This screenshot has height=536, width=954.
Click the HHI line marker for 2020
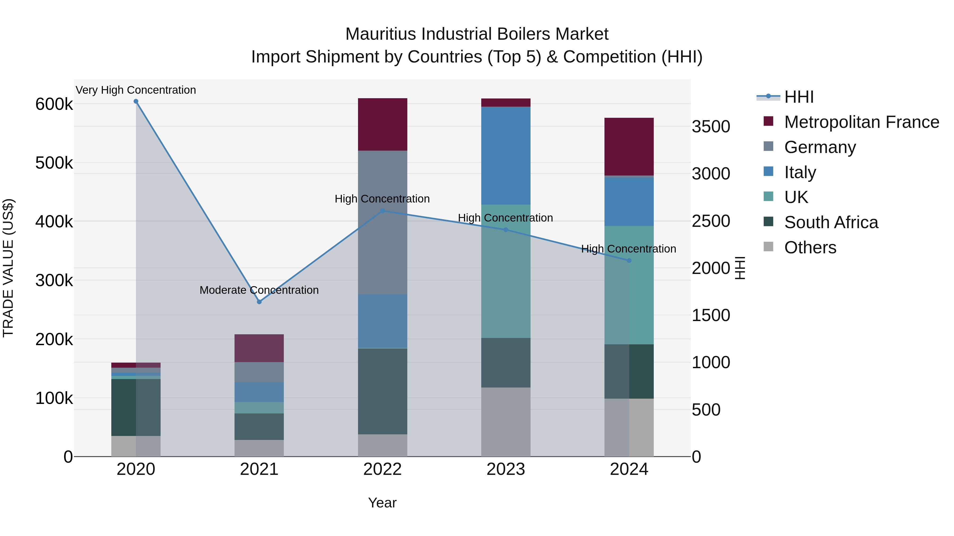pos(136,101)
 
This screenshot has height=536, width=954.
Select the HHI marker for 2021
pos(259,302)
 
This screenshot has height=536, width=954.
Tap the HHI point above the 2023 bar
pos(506,230)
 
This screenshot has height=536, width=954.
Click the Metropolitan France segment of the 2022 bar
pos(383,124)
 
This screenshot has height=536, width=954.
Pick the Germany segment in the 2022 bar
pos(383,222)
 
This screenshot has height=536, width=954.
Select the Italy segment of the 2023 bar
pos(506,155)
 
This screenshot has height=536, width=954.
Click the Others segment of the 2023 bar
pos(506,422)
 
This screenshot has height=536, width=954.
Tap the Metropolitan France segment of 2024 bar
pos(629,146)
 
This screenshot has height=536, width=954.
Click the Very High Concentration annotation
pos(136,90)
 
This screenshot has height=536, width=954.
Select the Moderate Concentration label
pos(259,290)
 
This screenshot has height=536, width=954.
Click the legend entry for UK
pos(796,197)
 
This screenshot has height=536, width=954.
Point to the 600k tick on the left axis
pos(54,104)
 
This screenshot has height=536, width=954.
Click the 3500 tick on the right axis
pos(711,127)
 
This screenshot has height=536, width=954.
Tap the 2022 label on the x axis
pos(383,469)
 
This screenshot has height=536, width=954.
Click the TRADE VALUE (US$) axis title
pos(8,268)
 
